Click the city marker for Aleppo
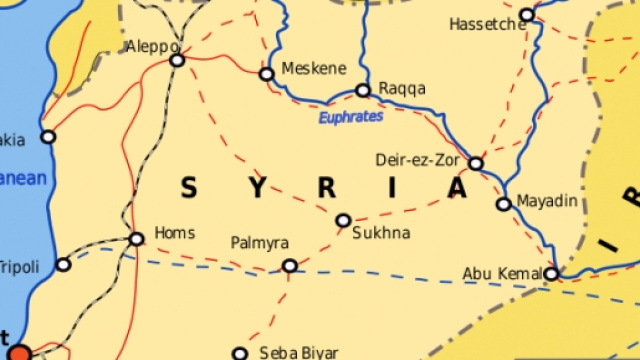coord(177,61)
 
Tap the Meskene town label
coord(314,68)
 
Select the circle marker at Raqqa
coord(363,90)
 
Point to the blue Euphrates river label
coord(350,117)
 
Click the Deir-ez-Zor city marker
coord(476,163)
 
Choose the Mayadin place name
coord(548,201)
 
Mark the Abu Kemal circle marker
coord(551,273)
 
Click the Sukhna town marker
coord(343,220)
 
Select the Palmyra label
coord(259,243)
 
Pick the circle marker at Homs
coord(136,239)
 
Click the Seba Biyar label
coord(299,352)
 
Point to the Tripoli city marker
coord(64,265)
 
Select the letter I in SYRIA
coord(393,187)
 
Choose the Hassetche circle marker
coord(527,16)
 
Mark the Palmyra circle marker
coord(290,266)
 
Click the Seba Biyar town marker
coord(240,353)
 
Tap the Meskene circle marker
coord(266,74)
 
